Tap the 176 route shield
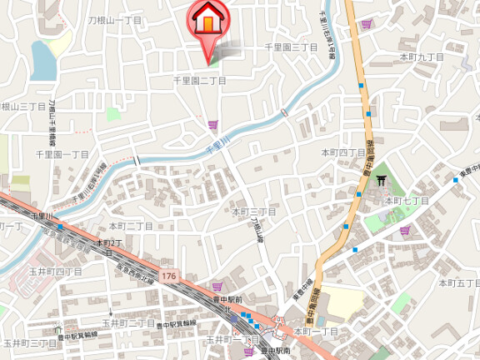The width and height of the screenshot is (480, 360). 170,274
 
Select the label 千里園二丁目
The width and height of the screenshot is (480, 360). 199,80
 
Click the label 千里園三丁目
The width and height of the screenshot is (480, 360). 291,48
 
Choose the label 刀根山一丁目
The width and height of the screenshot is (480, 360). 115,19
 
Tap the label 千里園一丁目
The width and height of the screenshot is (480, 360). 62,154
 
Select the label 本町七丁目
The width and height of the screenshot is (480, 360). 406,200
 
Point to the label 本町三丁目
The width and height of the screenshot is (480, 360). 254,212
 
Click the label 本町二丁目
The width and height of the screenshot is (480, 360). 131,226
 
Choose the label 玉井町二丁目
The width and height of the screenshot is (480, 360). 128,322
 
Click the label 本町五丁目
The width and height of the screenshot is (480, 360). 460,283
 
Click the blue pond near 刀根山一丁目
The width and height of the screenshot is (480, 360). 42,59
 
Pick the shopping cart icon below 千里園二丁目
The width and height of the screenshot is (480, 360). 213,125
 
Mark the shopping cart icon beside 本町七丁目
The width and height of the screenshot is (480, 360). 405,231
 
